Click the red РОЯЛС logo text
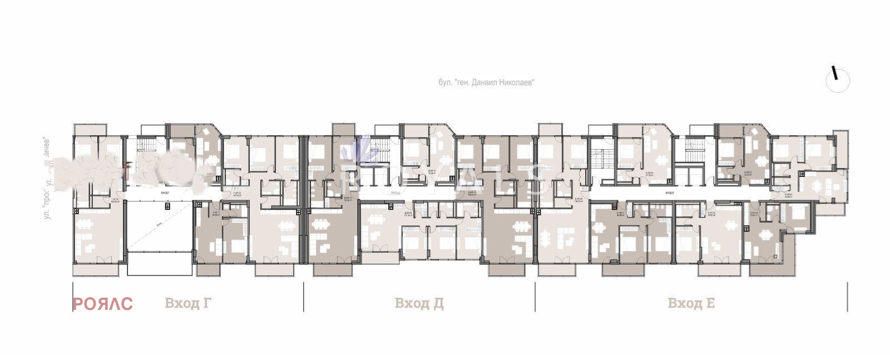pyautogui.click(x=102, y=304)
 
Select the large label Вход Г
pyautogui.click(x=188, y=303)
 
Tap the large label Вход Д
pyautogui.click(x=419, y=303)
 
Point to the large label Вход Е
pyautogui.click(x=691, y=303)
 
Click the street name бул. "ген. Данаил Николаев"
pyautogui.click(x=486, y=82)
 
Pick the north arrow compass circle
pyautogui.click(x=838, y=81)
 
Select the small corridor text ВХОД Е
pyautogui.click(x=669, y=193)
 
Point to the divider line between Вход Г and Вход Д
pyautogui.click(x=304, y=297)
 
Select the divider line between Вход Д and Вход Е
pyautogui.click(x=535, y=297)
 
